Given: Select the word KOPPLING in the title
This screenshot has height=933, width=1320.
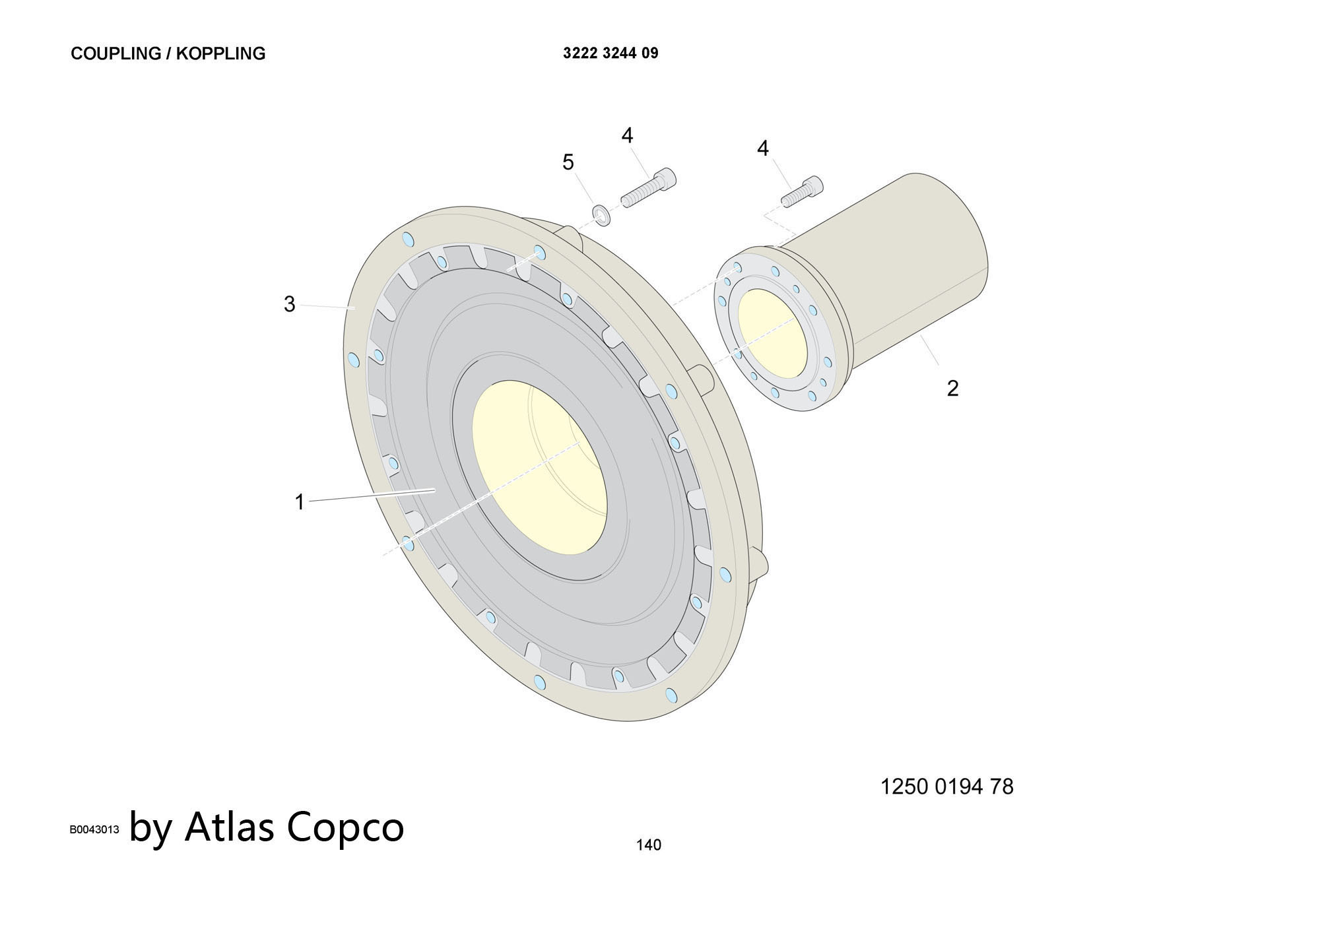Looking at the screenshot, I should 220,53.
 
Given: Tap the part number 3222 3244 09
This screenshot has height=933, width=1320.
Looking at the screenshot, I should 610,53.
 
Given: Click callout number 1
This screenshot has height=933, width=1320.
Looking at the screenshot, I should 299,502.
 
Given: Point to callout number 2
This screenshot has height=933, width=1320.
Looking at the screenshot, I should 952,388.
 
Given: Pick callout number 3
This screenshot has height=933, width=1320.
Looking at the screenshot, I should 289,304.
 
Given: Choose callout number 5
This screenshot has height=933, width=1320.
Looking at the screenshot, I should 568,162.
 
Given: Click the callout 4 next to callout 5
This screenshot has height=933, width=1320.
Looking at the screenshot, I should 627,135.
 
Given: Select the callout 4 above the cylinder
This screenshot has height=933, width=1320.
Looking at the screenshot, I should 762,148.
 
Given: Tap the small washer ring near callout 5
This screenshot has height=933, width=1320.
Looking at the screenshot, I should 601,214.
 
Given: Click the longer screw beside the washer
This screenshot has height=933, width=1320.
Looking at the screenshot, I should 649,188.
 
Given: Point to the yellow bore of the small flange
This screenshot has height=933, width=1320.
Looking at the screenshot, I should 772,333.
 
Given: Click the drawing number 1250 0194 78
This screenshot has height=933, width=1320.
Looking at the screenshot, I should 946,787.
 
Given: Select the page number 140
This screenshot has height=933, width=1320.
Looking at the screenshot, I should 648,845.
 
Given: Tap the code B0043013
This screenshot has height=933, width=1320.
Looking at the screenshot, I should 94,830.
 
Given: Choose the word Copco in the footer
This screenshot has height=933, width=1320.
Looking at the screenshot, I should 345,827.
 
